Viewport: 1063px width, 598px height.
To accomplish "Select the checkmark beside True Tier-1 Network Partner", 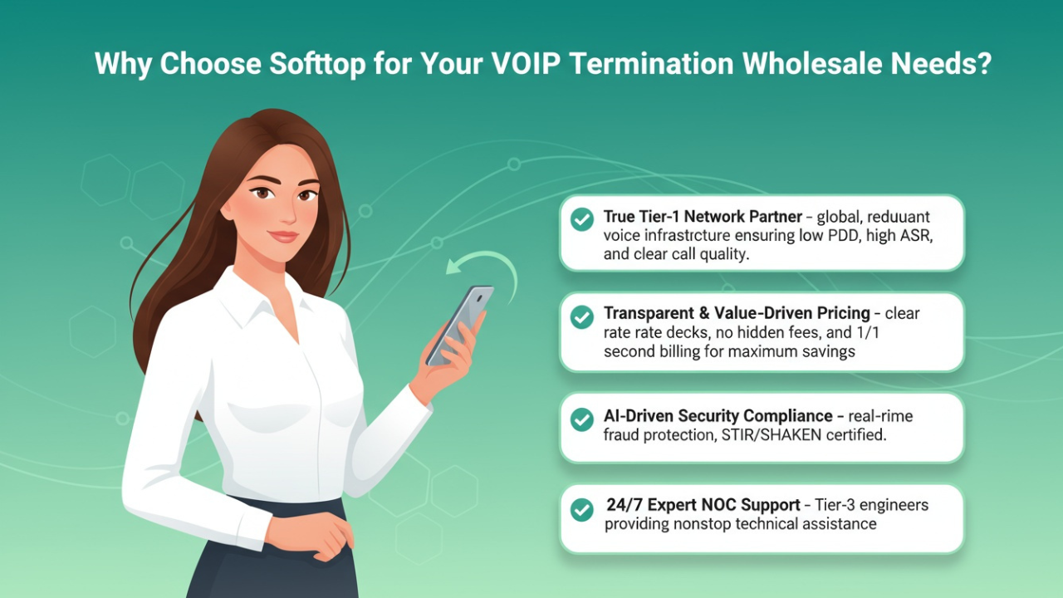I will click(x=582, y=219).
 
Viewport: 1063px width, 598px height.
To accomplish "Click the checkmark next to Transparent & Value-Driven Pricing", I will click(x=582, y=316).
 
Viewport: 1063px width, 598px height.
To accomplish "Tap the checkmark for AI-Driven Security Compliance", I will click(x=582, y=419).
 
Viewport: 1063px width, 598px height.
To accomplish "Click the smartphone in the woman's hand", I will click(x=460, y=324).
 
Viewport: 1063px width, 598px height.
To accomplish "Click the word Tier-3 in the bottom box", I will click(x=835, y=505).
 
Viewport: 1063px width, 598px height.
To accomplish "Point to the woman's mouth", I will click(x=283, y=237).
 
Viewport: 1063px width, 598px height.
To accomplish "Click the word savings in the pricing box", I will click(x=828, y=351).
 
